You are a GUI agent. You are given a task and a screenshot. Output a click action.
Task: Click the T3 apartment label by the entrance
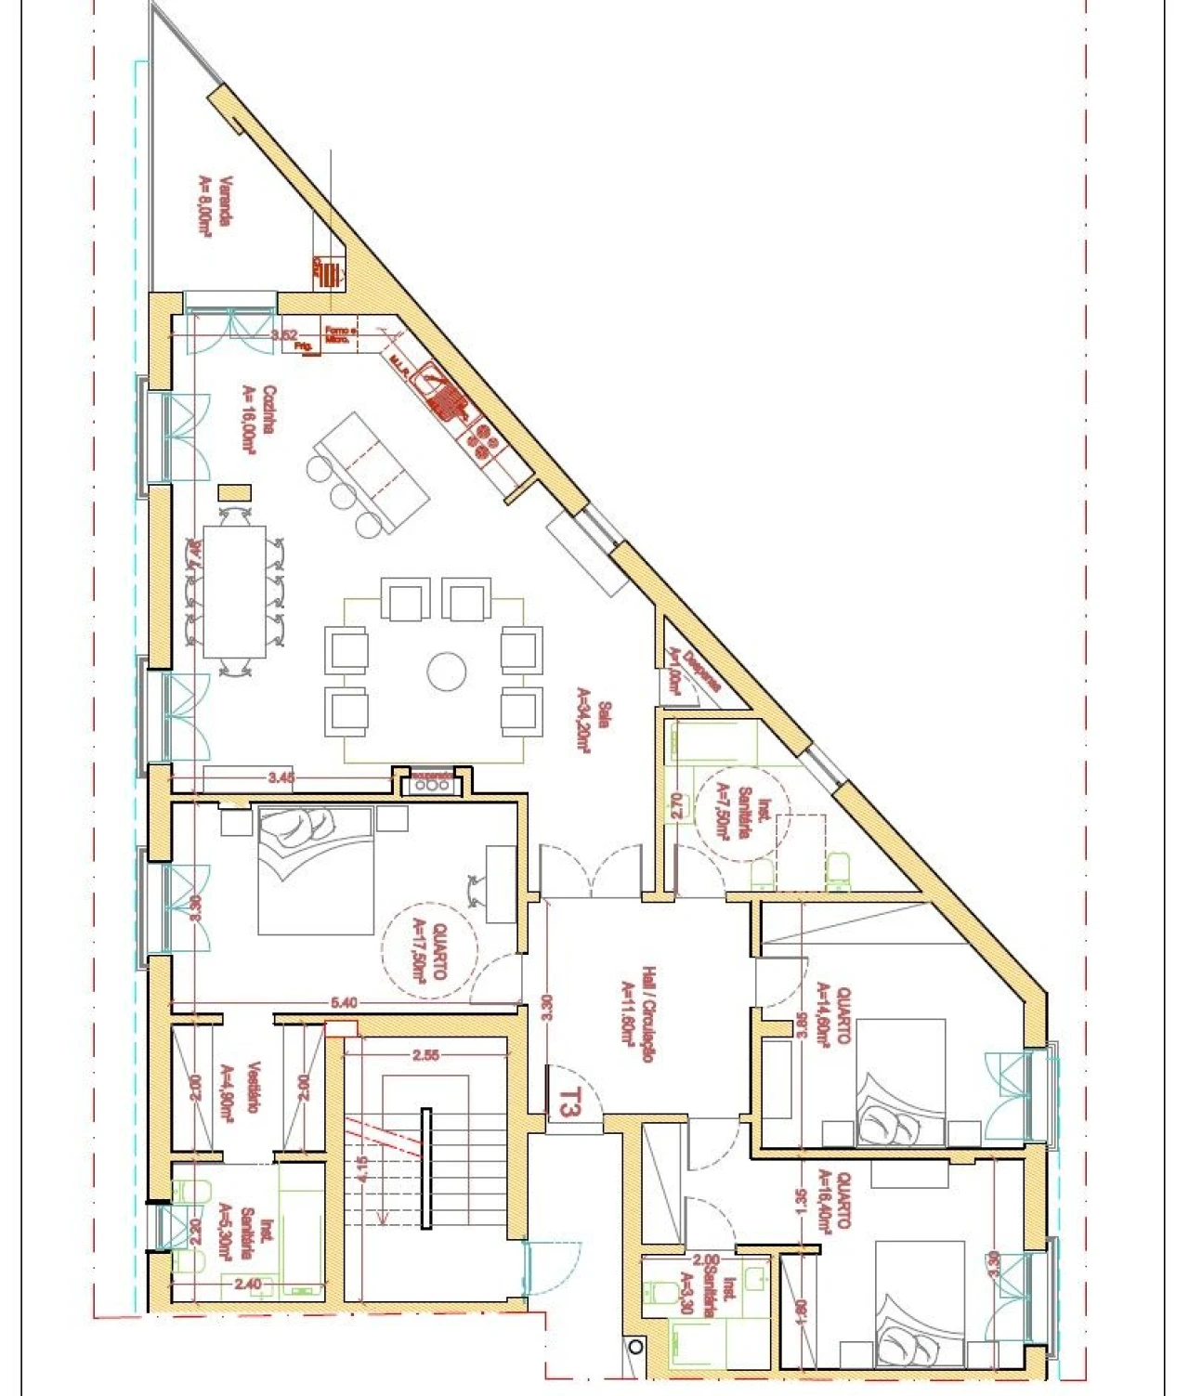click(x=569, y=1102)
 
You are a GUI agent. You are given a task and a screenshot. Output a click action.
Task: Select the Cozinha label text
click(x=257, y=420)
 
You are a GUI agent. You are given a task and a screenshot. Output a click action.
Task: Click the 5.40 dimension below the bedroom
click(x=344, y=1002)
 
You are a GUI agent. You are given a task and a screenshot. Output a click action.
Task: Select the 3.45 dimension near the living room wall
click(x=281, y=778)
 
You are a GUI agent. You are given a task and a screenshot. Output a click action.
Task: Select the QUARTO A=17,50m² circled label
click(x=428, y=949)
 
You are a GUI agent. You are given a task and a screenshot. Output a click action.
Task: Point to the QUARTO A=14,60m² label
click(x=832, y=1014)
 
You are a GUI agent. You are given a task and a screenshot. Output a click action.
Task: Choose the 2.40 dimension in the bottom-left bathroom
click(x=248, y=1285)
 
